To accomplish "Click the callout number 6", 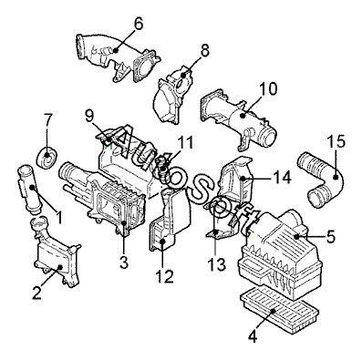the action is pos(139,25).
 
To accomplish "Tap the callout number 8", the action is pos(205,51).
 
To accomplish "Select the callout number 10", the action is pos(268,88).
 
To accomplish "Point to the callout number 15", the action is pos(336,141).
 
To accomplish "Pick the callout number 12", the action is pos(164,276).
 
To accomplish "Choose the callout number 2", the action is pos(36,293).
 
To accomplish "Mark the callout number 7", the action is pos(48,120).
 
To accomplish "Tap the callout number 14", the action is pos(282,177).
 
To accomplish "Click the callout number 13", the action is pos(217,264).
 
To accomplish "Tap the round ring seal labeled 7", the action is pos(47,157).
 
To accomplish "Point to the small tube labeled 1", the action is pos(30,189).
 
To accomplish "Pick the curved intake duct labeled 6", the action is pos(117,57).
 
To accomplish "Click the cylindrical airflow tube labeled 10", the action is pos(239,118).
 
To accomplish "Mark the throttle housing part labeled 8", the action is pos(173,94).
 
